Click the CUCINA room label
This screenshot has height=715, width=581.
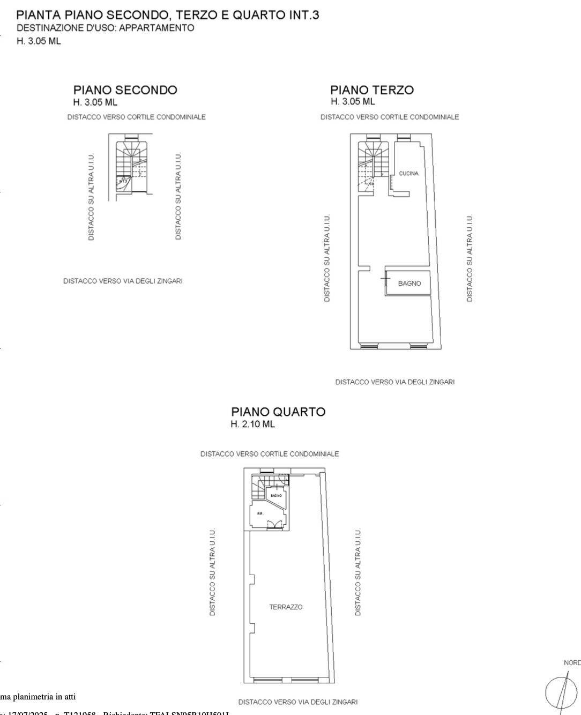coord(408,174)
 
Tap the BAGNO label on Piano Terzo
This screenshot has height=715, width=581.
coord(409,284)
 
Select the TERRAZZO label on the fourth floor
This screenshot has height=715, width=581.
coord(286,607)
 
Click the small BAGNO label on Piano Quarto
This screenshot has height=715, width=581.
coord(276,496)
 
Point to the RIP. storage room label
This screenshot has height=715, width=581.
coord(260,513)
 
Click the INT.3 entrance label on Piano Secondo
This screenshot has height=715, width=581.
coord(123,181)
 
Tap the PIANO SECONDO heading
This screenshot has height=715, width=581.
coord(125,90)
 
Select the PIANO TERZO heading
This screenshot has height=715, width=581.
coord(371,90)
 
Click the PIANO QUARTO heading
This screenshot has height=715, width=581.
coord(278,412)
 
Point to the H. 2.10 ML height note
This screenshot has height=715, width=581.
coord(252,424)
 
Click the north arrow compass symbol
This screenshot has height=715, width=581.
coord(561,691)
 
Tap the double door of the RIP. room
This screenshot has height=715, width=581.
coord(274,525)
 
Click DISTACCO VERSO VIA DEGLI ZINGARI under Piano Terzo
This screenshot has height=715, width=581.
coord(394,382)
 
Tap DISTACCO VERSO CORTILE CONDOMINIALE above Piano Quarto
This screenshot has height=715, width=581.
coord(270,454)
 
